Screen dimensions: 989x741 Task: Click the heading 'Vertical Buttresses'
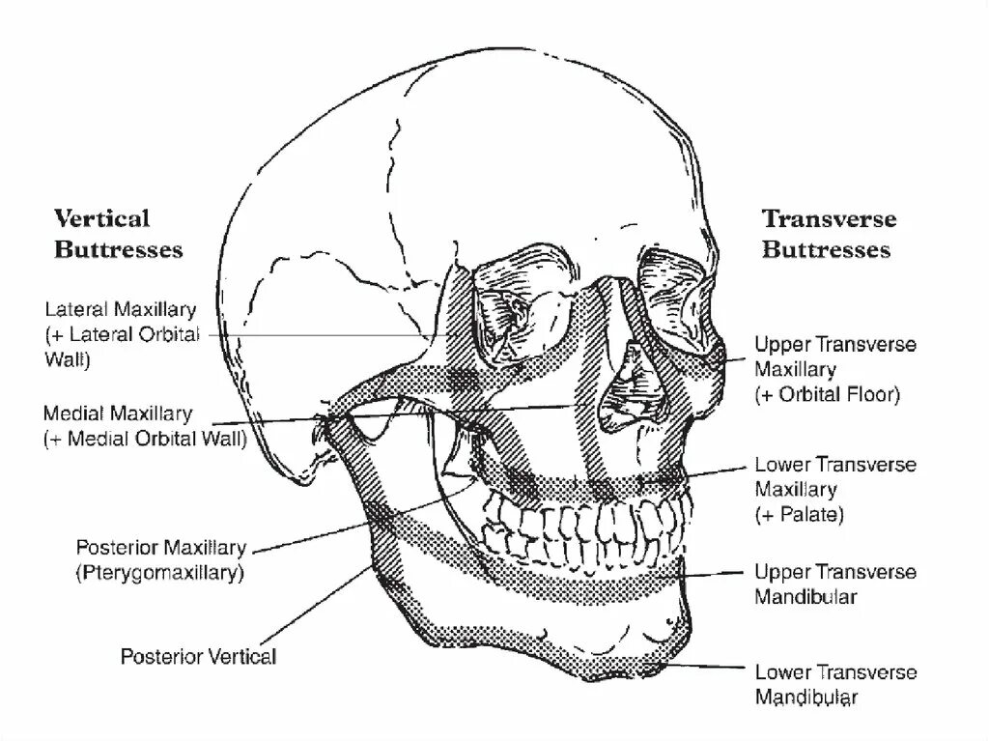(x=118, y=234)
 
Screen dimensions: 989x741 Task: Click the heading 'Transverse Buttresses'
(x=829, y=234)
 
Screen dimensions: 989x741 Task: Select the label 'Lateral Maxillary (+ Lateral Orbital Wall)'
(x=121, y=335)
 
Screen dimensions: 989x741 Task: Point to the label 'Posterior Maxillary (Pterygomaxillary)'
(x=160, y=560)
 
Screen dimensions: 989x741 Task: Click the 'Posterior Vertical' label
(x=198, y=657)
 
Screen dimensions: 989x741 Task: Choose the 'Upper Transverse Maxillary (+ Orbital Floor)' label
(x=835, y=369)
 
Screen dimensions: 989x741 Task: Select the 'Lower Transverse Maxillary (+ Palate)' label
(x=835, y=490)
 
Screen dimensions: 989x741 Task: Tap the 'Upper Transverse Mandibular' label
(x=835, y=584)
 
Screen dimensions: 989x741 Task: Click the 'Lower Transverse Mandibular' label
(x=835, y=683)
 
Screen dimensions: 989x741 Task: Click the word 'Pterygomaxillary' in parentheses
(x=160, y=573)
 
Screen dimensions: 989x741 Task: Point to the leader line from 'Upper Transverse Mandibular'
(x=715, y=574)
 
